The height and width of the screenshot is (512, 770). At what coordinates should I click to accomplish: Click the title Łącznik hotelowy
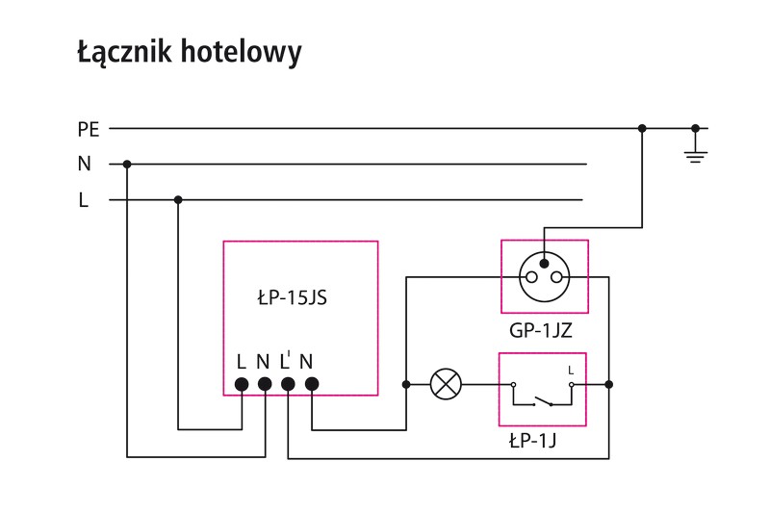(x=189, y=53)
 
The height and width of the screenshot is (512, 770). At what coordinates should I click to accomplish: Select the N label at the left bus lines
(x=85, y=165)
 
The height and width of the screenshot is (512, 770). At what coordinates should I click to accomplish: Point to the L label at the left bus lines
(x=84, y=201)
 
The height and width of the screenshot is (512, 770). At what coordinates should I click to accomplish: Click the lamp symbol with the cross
(x=445, y=384)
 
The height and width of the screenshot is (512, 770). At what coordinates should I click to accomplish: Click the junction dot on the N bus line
(x=127, y=164)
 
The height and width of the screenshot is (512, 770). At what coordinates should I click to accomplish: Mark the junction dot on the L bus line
(x=178, y=200)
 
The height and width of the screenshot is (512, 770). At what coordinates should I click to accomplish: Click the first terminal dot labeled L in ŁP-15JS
(x=242, y=384)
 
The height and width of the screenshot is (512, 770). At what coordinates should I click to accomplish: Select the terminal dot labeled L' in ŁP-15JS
(x=288, y=384)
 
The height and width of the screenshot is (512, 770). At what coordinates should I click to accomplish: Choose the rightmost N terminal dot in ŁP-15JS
(x=312, y=384)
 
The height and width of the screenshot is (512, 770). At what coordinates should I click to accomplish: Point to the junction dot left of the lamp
(x=406, y=384)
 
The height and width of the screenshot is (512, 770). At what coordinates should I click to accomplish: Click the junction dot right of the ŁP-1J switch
(x=608, y=384)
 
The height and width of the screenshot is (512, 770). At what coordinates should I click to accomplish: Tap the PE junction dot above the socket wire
(x=642, y=128)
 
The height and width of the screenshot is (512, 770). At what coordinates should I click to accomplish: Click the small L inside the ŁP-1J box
(x=571, y=370)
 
